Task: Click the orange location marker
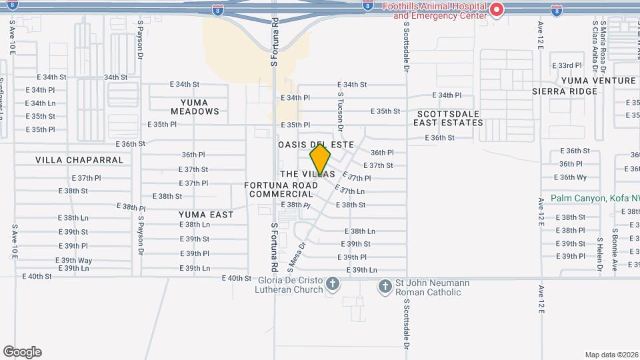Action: coord(321,160)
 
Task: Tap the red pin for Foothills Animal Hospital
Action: coord(496,9)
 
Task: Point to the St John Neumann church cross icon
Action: coord(385,287)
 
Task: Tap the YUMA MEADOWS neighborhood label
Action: coord(199,107)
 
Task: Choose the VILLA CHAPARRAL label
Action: coord(79,160)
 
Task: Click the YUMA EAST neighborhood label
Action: coord(206,215)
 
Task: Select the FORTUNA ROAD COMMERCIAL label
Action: coord(281,189)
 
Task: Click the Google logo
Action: coord(22,352)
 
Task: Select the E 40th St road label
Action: coord(236,279)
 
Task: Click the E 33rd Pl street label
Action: coord(567,66)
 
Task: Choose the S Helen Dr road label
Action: coord(599,253)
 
